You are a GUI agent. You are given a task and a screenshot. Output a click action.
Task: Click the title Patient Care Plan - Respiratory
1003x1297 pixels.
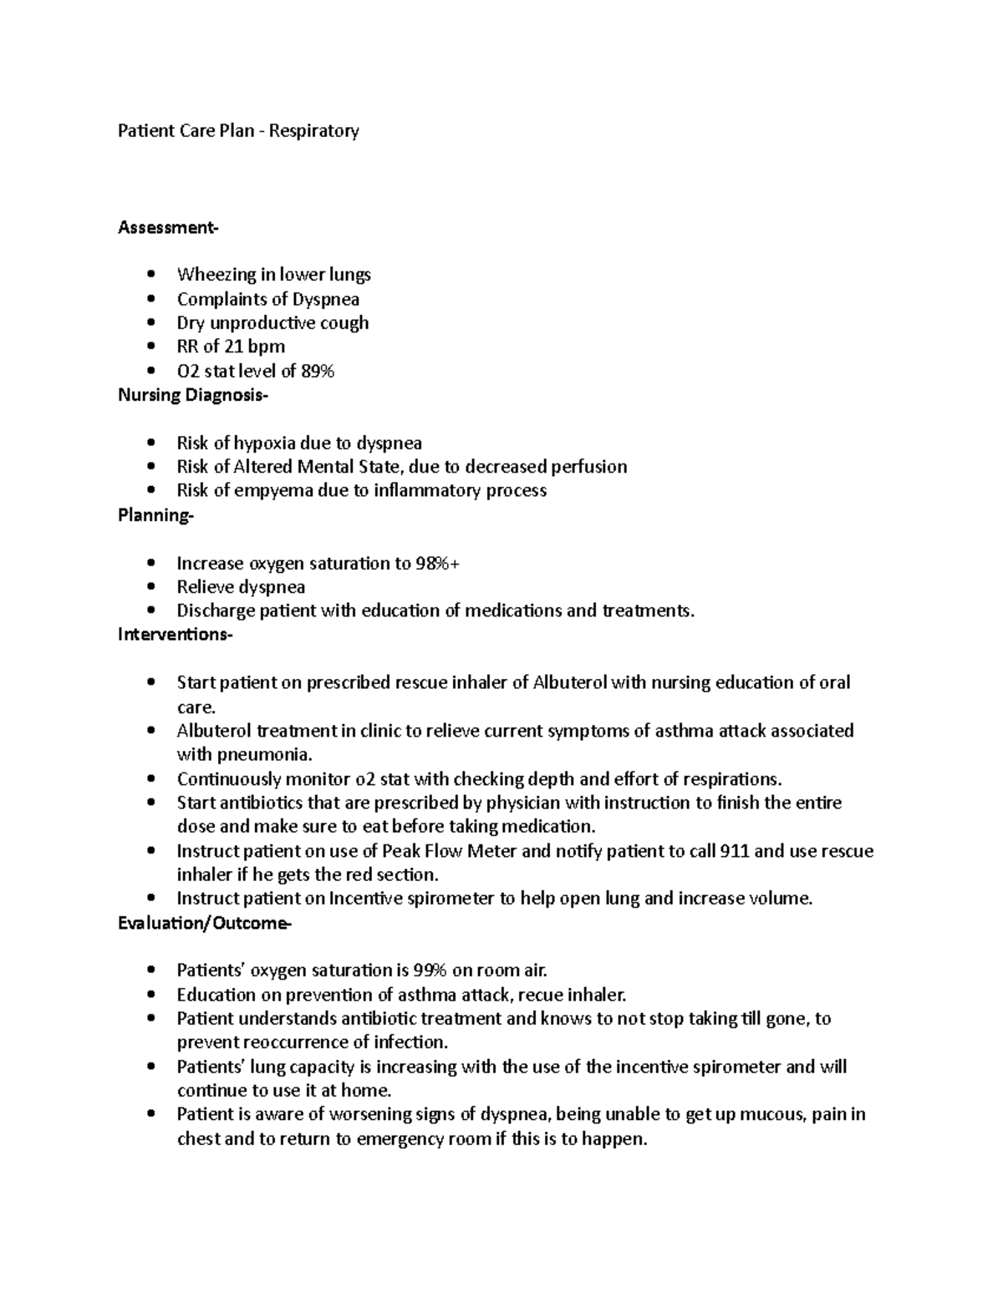pos(238,130)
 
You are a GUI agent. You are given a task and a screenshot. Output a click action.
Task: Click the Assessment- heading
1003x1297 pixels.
pos(168,227)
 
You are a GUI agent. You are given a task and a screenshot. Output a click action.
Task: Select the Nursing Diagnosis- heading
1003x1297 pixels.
pos(193,395)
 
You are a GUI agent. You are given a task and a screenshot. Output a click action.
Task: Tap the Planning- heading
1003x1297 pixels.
pos(155,515)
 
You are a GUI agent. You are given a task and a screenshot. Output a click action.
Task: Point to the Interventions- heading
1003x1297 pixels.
pos(176,635)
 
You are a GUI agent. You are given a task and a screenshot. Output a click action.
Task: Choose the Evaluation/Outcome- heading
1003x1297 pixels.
pos(205,924)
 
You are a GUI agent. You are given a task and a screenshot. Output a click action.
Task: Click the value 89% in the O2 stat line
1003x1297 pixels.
pos(318,371)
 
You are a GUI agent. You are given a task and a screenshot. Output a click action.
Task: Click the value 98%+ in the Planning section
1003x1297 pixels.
pos(438,564)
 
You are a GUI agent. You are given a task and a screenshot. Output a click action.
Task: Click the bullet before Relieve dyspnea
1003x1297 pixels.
pos(150,587)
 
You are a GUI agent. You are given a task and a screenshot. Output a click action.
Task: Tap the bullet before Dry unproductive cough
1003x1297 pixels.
pos(150,322)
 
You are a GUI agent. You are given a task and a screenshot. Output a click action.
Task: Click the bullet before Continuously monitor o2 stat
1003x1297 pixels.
pos(150,779)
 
